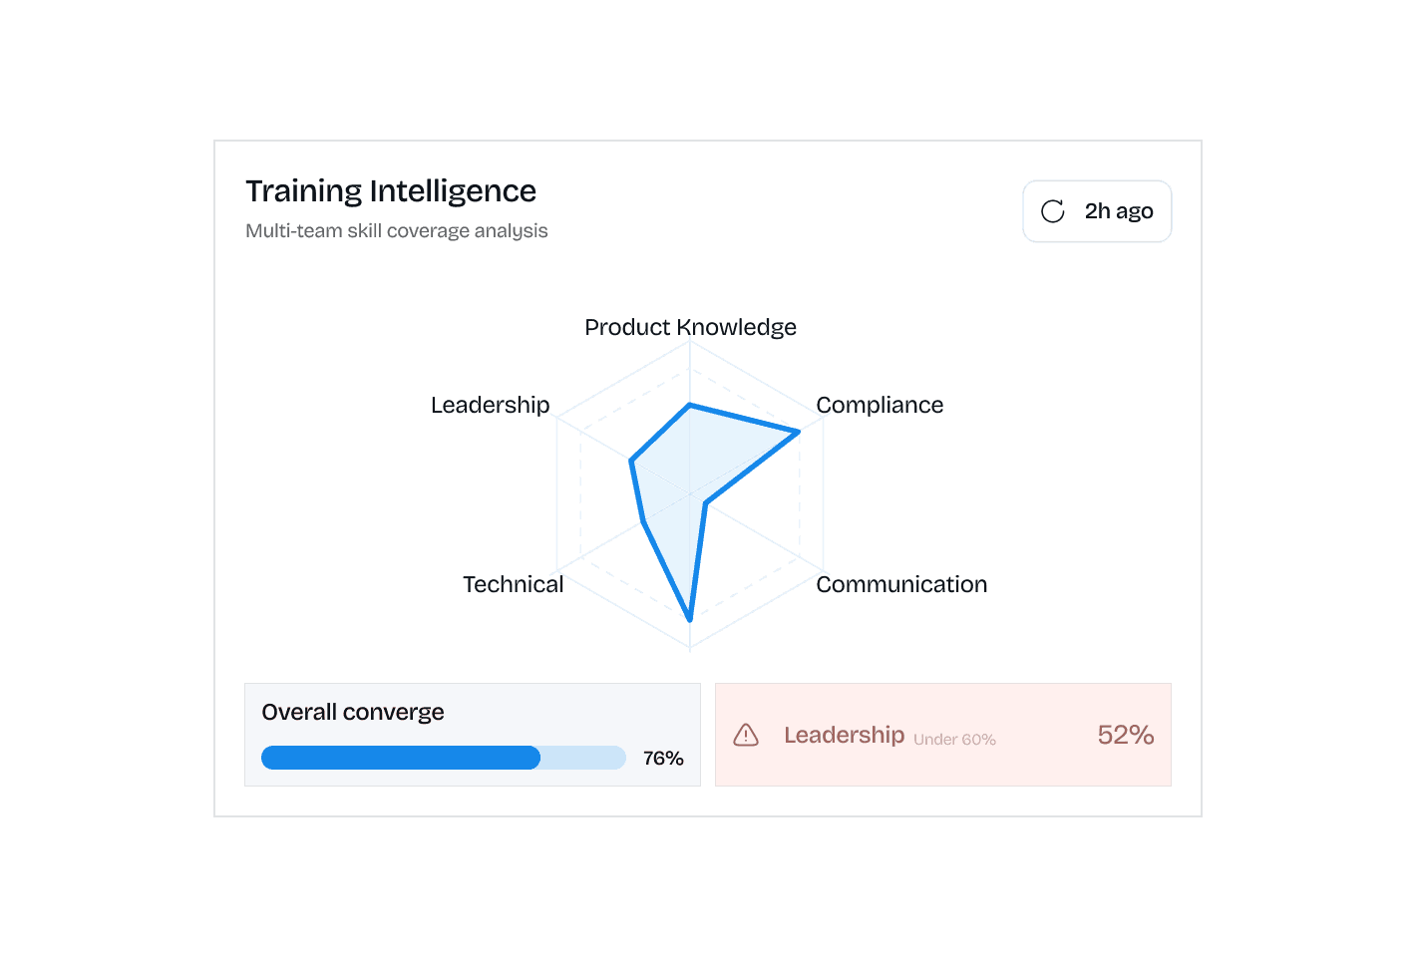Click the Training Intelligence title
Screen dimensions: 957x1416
(x=391, y=190)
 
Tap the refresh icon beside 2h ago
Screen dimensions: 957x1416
(x=1053, y=211)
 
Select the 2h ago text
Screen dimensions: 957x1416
(x=1119, y=211)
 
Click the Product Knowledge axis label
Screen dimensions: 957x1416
(x=690, y=327)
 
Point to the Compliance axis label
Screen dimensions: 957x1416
(x=880, y=405)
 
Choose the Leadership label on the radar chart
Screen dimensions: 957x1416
(x=490, y=405)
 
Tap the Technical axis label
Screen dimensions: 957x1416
(x=513, y=584)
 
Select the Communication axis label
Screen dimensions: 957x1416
(x=901, y=584)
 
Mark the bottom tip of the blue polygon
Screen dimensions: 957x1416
(x=689, y=617)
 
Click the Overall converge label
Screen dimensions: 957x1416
(x=353, y=712)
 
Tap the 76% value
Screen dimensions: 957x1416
(x=663, y=759)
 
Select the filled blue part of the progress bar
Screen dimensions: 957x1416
(x=400, y=758)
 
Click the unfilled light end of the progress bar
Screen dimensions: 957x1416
(x=583, y=758)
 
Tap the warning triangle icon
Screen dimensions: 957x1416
(x=746, y=736)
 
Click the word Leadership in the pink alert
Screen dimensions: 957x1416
(x=844, y=735)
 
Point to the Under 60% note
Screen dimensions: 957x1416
(x=954, y=740)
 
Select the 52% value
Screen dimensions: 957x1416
(x=1126, y=735)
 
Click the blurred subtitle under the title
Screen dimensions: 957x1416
(x=396, y=231)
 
